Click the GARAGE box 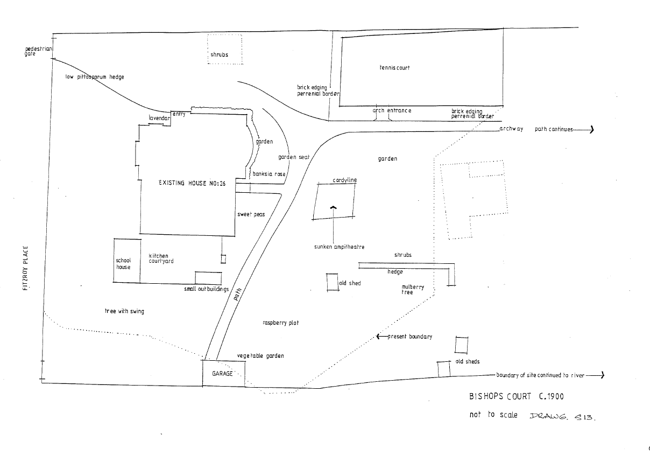(223, 373)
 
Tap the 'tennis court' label (395, 68)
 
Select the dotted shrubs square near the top (224, 50)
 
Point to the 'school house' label (124, 263)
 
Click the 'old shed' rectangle (332, 282)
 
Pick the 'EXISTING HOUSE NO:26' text (192, 183)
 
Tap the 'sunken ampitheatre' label (340, 247)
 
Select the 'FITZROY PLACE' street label (25, 269)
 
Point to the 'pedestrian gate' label (38, 51)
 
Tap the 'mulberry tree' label (413, 290)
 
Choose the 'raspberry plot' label (280, 323)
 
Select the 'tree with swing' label (124, 311)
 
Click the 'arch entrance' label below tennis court (392, 110)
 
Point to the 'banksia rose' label (269, 174)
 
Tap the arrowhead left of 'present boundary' (379, 337)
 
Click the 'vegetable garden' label (260, 356)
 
